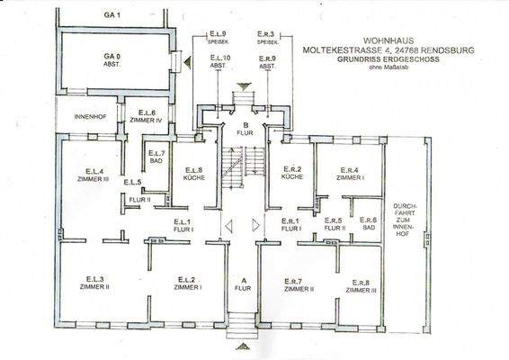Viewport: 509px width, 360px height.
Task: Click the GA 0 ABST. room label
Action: (x=111, y=59)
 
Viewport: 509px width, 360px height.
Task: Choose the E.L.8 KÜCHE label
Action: (x=194, y=174)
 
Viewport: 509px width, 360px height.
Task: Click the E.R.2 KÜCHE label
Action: (x=291, y=174)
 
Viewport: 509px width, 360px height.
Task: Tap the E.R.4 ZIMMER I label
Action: (x=350, y=175)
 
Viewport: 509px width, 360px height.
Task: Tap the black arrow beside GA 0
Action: (x=185, y=63)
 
